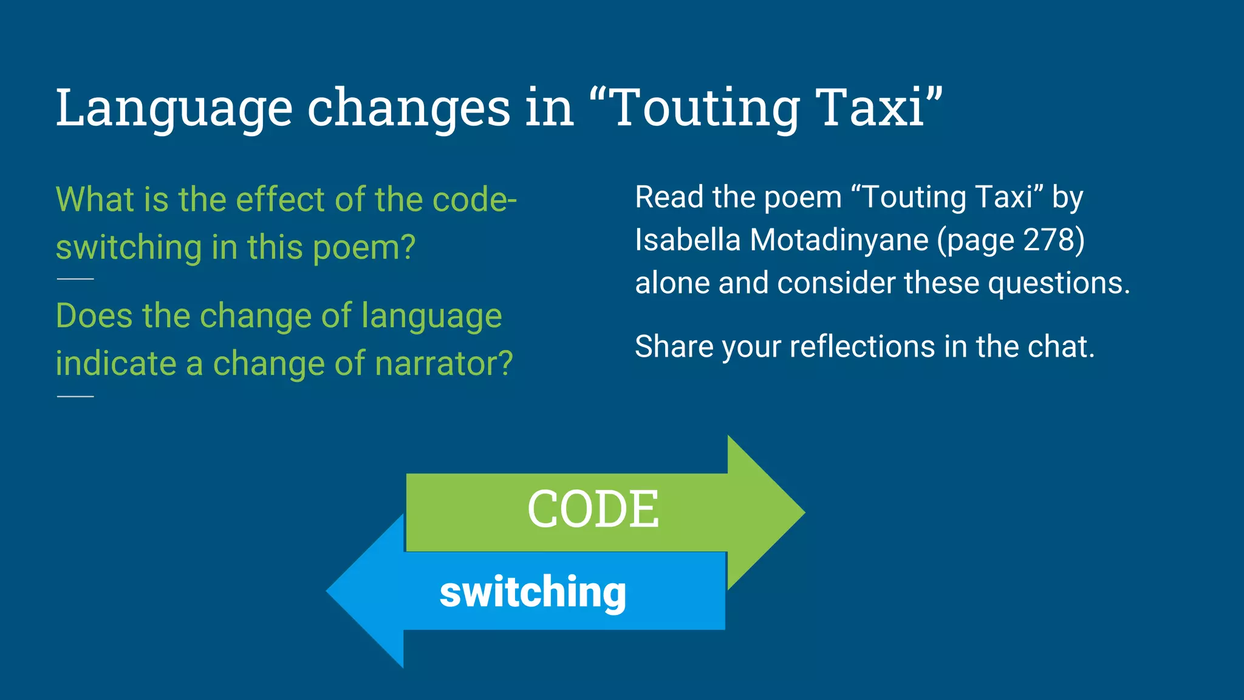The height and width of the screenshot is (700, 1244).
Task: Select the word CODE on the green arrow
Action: click(593, 509)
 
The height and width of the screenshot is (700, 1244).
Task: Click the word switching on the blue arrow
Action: click(533, 592)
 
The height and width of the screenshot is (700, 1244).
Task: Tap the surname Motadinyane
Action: click(839, 240)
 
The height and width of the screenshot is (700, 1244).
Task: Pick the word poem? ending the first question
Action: click(364, 248)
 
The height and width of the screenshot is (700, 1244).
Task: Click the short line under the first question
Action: click(75, 279)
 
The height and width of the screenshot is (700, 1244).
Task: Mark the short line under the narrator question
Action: click(75, 396)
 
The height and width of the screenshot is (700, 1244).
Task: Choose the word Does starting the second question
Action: click(94, 316)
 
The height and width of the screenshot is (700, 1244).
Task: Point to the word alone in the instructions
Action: click(672, 283)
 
